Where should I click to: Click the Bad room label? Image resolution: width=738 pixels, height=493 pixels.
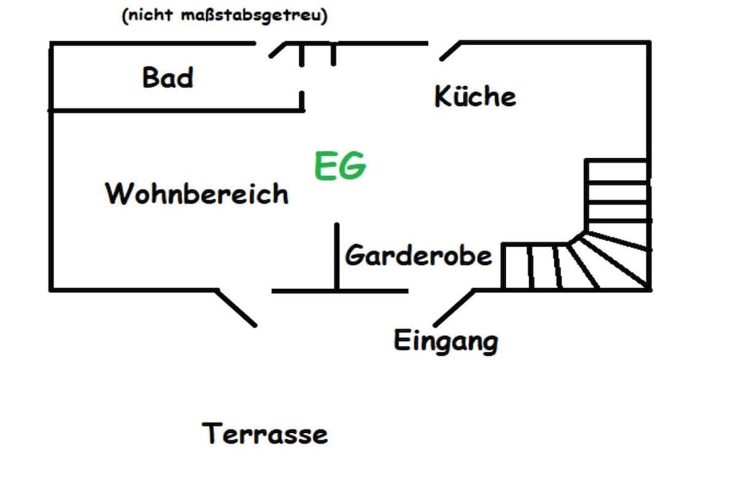click(167, 77)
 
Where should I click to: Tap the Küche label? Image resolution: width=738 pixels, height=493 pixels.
click(475, 96)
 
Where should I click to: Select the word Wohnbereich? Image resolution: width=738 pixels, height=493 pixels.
click(197, 193)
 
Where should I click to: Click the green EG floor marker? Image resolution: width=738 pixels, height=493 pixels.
click(340, 165)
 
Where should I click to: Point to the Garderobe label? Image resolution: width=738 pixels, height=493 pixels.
click(419, 255)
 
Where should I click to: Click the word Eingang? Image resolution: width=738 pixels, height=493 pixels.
click(445, 341)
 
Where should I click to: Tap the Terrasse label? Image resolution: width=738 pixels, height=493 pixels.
click(264, 433)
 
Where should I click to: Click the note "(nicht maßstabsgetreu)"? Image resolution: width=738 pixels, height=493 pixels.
click(225, 14)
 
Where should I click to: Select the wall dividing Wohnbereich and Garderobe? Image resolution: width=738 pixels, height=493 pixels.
click(337, 256)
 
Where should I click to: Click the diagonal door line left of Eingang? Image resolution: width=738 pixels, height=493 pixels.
click(454, 307)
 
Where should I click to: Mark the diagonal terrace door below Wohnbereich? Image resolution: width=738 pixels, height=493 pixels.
click(236, 307)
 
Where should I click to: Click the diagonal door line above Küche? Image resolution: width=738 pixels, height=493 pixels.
click(450, 51)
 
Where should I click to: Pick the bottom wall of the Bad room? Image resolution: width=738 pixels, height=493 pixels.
click(177, 110)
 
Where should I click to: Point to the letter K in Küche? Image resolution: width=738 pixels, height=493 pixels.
click(444, 96)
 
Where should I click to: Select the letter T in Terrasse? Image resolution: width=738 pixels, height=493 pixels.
click(212, 433)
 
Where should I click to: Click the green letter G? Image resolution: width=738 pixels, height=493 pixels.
click(353, 165)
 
